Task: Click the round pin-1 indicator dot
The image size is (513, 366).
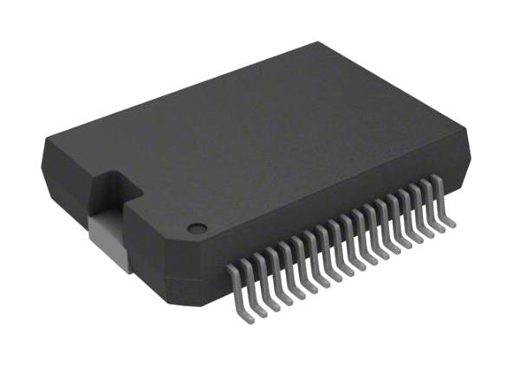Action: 198,229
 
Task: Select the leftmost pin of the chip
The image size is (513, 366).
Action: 238,291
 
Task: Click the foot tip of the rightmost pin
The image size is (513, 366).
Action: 451,224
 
